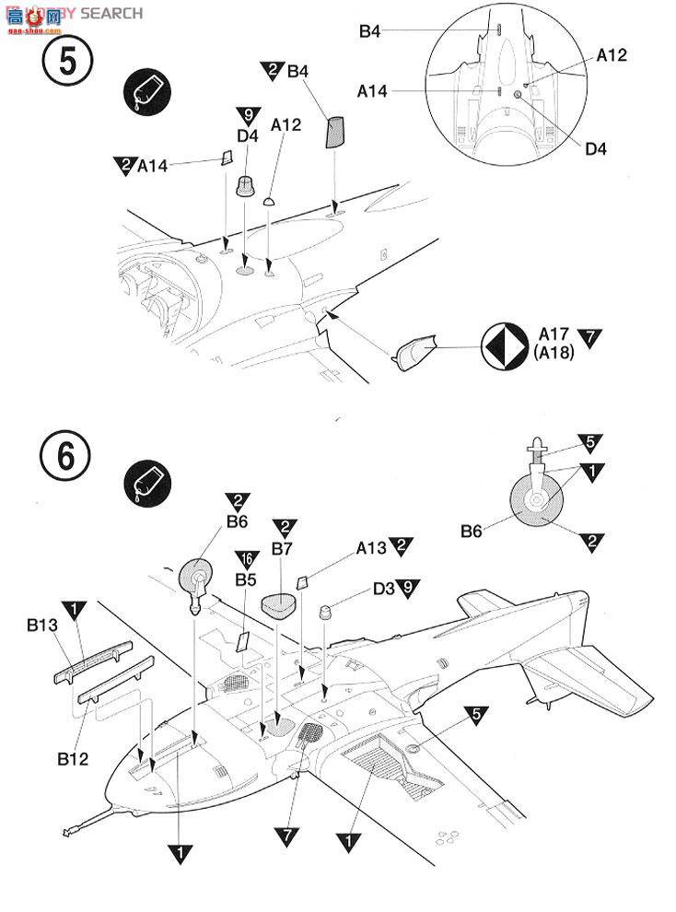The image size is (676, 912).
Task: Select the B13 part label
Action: (x=42, y=626)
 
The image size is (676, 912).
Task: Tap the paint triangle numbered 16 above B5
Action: (x=245, y=560)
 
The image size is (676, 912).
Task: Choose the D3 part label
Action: (x=385, y=586)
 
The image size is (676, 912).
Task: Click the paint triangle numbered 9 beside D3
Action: (x=409, y=586)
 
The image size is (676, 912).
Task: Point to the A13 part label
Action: (x=371, y=546)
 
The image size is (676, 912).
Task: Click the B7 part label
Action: (x=282, y=548)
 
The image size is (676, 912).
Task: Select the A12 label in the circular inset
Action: (x=611, y=55)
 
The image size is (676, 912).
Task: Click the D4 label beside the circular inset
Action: (x=597, y=148)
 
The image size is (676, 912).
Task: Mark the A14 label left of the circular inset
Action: (x=372, y=90)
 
